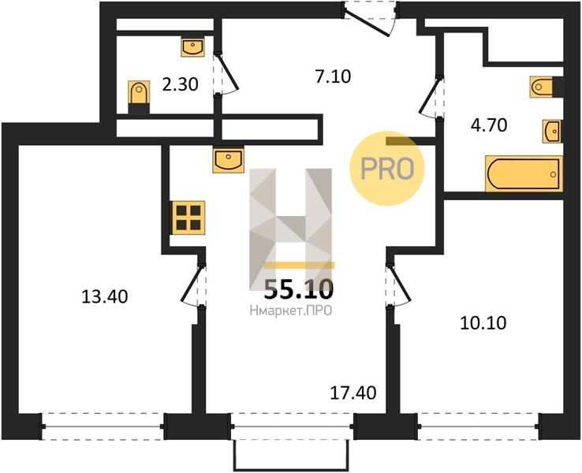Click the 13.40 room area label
tap(105, 296)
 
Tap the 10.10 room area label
tap(483, 323)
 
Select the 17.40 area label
tap(353, 393)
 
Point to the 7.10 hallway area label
tap(333, 76)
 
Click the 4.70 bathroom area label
tap(489, 125)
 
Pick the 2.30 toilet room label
tap(180, 84)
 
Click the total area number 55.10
tap(298, 290)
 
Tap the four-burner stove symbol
tap(188, 218)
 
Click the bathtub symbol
tap(524, 173)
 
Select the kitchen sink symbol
tap(228, 160)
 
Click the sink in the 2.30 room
tap(192, 47)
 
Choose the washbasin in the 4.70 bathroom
tap(552, 132)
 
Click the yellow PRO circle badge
tap(387, 169)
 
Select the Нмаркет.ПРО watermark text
tap(291, 311)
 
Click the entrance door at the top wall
tap(370, 19)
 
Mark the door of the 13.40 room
tap(194, 284)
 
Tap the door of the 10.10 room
tap(398, 284)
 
